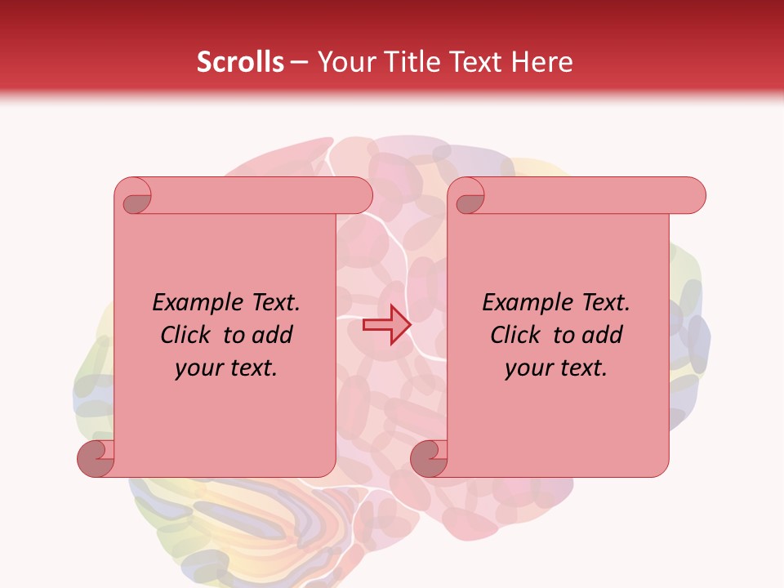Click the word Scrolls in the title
pos(240,62)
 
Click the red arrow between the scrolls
pos(386,325)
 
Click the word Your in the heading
pos(344,62)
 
